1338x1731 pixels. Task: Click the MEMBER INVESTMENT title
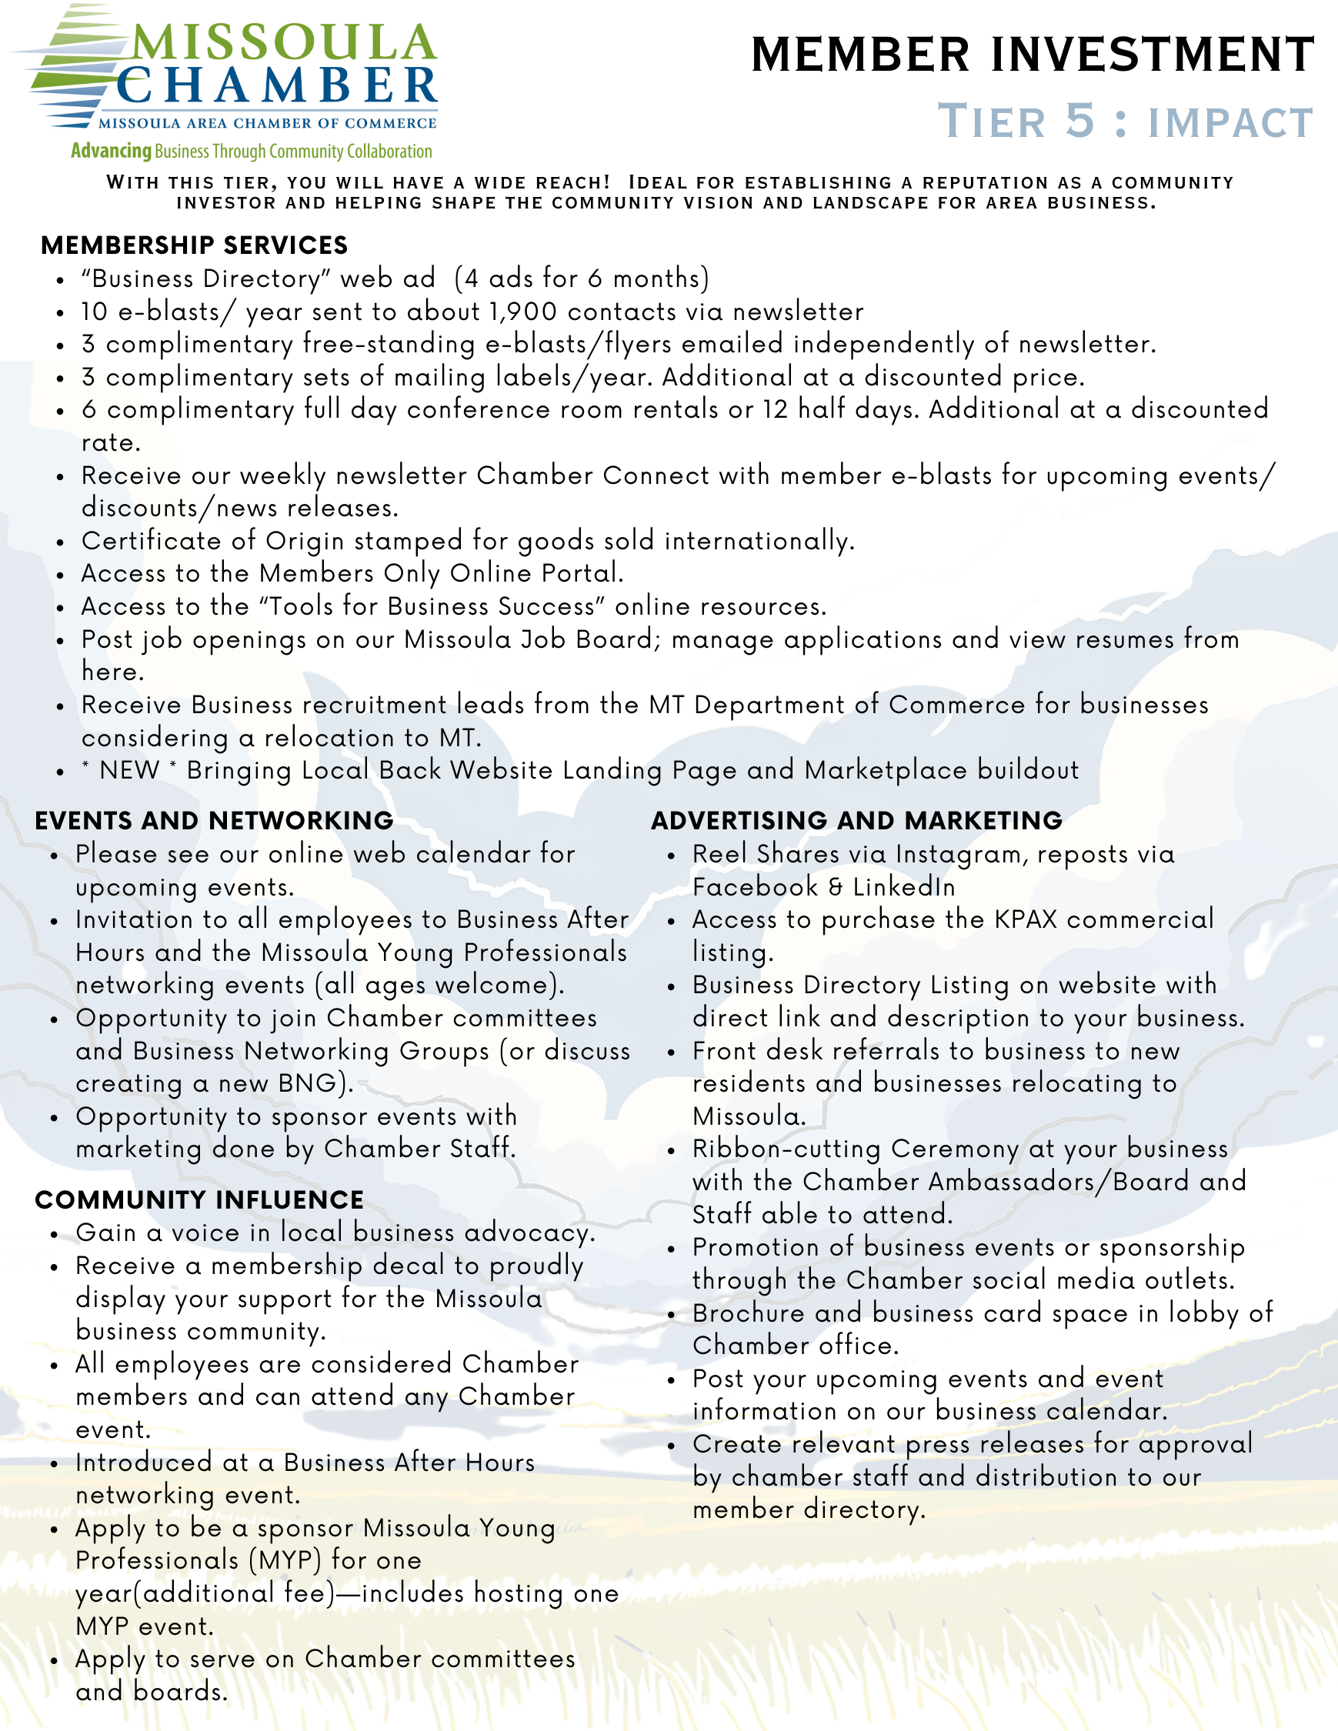(x=1032, y=55)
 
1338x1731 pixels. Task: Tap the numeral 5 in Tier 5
(x=1079, y=121)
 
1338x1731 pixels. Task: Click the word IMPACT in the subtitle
(x=1230, y=124)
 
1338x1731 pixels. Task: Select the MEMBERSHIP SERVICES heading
(x=194, y=245)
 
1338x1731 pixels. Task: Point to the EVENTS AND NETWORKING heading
(x=214, y=820)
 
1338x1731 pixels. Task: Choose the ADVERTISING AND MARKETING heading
(x=856, y=820)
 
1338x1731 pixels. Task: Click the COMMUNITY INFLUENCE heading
(x=199, y=1200)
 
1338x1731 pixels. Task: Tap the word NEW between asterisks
(x=129, y=770)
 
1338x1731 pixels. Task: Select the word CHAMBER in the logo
(x=278, y=87)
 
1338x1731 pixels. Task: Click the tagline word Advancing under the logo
(x=111, y=151)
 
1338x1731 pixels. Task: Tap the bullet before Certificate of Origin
(x=61, y=543)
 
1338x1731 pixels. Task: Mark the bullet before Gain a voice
(x=55, y=1235)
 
